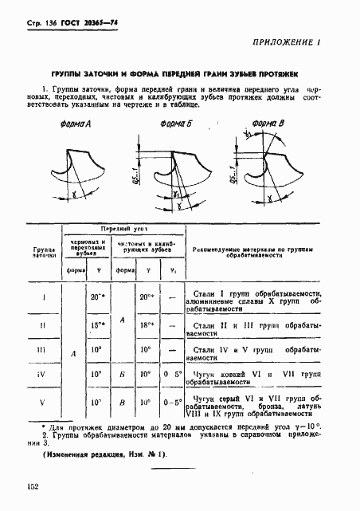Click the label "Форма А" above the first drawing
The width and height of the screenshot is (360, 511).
pos(76,125)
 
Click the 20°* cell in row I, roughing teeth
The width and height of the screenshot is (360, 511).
pos(97,297)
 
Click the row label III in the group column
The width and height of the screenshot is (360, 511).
pos(43,349)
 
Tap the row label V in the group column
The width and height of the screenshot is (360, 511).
pos(43,401)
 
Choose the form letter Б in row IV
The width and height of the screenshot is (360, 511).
pos(121,375)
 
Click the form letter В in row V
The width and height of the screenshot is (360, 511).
pos(121,401)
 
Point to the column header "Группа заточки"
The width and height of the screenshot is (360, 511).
pos(43,254)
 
